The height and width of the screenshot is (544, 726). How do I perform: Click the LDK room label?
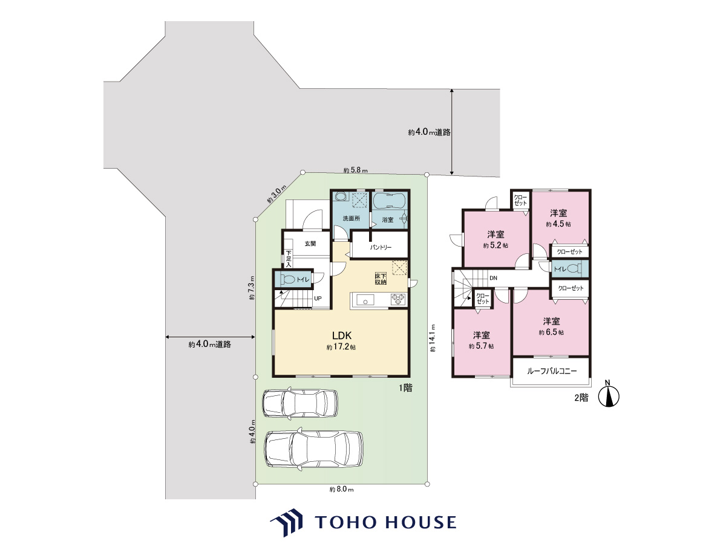342,335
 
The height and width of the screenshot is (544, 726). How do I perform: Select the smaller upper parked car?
300,403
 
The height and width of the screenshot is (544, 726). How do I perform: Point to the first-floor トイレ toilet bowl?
287,280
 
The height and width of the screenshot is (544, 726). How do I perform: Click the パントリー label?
381,247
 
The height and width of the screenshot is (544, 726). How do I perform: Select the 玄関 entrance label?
310,244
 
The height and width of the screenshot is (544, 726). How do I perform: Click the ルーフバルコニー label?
552,371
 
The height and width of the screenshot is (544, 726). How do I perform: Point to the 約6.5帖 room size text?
551,332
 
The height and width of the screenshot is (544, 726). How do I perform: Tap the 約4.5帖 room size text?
558,224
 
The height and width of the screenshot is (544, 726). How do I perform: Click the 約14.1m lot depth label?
433,338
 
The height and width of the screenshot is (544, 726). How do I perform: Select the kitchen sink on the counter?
365,300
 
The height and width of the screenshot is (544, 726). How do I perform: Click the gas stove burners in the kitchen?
398,299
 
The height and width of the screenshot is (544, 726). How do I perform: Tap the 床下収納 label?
381,279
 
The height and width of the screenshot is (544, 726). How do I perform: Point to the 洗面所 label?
352,218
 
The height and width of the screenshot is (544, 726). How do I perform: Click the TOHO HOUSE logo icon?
286,522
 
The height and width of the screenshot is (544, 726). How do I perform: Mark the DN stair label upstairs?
493,278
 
